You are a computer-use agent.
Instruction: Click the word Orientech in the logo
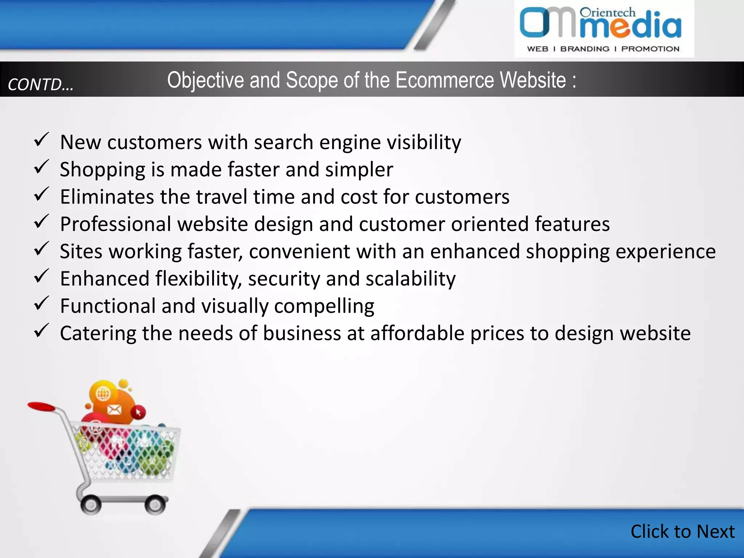point(607,13)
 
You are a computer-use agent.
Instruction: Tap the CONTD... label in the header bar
point(41,85)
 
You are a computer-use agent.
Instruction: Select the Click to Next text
point(683,531)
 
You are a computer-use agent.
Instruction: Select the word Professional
point(116,224)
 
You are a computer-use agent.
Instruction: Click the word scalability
point(411,279)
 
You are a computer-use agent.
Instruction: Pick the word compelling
point(324,306)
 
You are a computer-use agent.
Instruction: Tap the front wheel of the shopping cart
point(155,505)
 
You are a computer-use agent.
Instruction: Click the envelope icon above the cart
point(114,410)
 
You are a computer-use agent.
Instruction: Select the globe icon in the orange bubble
point(103,393)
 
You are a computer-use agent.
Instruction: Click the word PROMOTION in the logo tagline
point(650,49)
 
